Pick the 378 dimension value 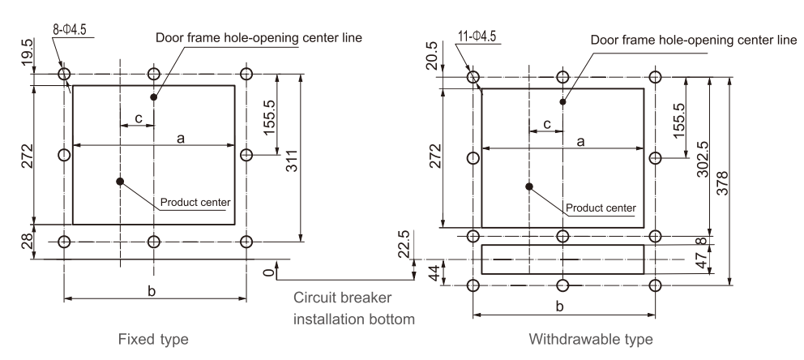(x=744, y=182)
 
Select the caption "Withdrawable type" (x=590, y=337)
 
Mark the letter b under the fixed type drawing (x=152, y=291)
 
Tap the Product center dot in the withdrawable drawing (x=529, y=186)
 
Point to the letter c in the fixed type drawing (x=139, y=118)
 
